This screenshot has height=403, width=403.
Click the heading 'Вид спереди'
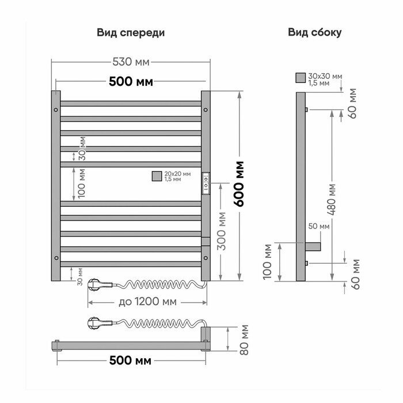[x=131, y=32]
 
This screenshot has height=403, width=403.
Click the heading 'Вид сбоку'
[x=315, y=32]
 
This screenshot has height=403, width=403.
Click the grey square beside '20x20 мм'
[x=156, y=176]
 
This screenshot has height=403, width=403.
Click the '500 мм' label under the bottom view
[x=131, y=361]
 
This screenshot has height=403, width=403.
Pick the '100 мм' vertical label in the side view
[x=267, y=262]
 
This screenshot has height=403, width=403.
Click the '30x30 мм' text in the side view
[x=325, y=76]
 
